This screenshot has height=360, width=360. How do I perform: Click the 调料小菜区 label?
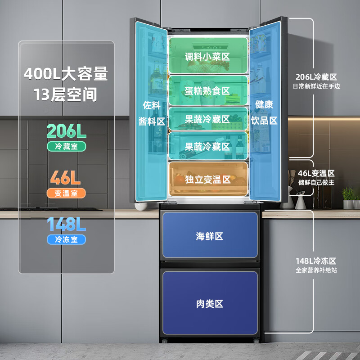tap(207, 57)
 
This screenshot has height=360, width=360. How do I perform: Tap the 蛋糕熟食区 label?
tap(207, 91)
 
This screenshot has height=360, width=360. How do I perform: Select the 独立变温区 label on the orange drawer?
tap(207, 179)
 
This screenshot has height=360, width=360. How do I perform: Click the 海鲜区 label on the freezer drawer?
tap(210, 236)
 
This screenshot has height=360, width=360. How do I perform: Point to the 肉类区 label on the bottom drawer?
tap(210, 304)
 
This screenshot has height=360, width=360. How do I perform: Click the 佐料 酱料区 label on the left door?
tap(152, 113)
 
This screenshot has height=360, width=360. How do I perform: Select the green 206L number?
tap(66, 131)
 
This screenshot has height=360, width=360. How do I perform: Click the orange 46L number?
tap(66, 178)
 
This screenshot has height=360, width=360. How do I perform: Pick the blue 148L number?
tap(66, 224)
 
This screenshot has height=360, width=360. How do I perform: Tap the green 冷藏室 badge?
tap(66, 146)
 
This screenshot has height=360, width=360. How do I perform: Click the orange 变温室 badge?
tap(66, 193)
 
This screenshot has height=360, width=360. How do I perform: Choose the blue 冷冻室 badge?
tap(66, 239)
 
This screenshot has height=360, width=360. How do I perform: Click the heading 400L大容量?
tap(66, 73)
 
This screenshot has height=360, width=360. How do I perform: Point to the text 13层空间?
tap(66, 94)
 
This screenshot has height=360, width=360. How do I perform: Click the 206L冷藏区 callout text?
tap(316, 77)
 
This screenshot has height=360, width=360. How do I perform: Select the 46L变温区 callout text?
tap(316, 173)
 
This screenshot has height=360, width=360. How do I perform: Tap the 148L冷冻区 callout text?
tap(316, 261)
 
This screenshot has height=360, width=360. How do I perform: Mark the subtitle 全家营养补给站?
tap(316, 270)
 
